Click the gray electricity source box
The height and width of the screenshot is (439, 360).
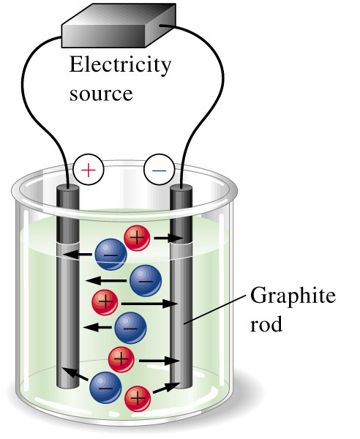[119, 25]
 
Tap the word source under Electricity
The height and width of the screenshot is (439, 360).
[101, 94]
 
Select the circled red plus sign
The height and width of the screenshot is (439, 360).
[89, 170]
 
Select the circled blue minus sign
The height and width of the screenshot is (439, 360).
[160, 170]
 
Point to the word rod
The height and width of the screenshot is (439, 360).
[266, 324]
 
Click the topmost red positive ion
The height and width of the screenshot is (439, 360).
[137, 238]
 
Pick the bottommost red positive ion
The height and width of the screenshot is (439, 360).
[138, 398]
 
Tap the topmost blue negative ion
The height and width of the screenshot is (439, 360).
[111, 254]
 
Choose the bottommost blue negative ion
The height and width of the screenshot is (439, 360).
[105, 388]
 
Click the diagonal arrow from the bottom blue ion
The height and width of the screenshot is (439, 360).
[75, 373]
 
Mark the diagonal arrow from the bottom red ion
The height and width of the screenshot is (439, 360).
[166, 388]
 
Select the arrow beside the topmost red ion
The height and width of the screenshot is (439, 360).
[168, 239]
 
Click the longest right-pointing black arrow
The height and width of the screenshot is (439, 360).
[149, 304]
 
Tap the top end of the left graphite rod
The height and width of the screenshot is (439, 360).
[68, 190]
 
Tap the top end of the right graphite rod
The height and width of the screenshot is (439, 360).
[181, 190]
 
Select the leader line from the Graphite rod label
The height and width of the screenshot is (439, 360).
[214, 309]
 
